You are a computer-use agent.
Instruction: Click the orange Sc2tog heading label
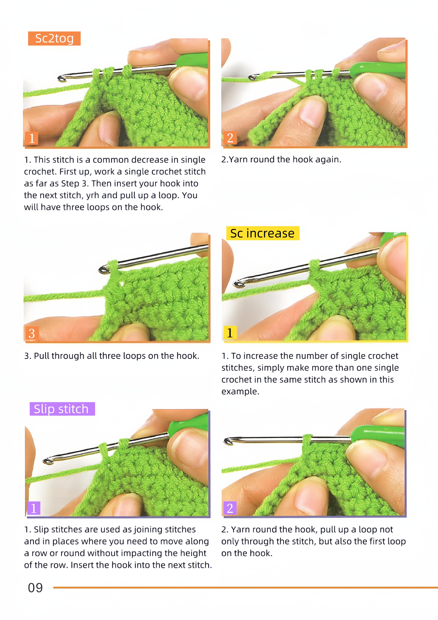[54, 38]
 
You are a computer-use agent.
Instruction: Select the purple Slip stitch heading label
[62, 409]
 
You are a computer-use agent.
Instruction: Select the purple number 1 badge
[34, 508]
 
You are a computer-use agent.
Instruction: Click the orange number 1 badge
[32, 138]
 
